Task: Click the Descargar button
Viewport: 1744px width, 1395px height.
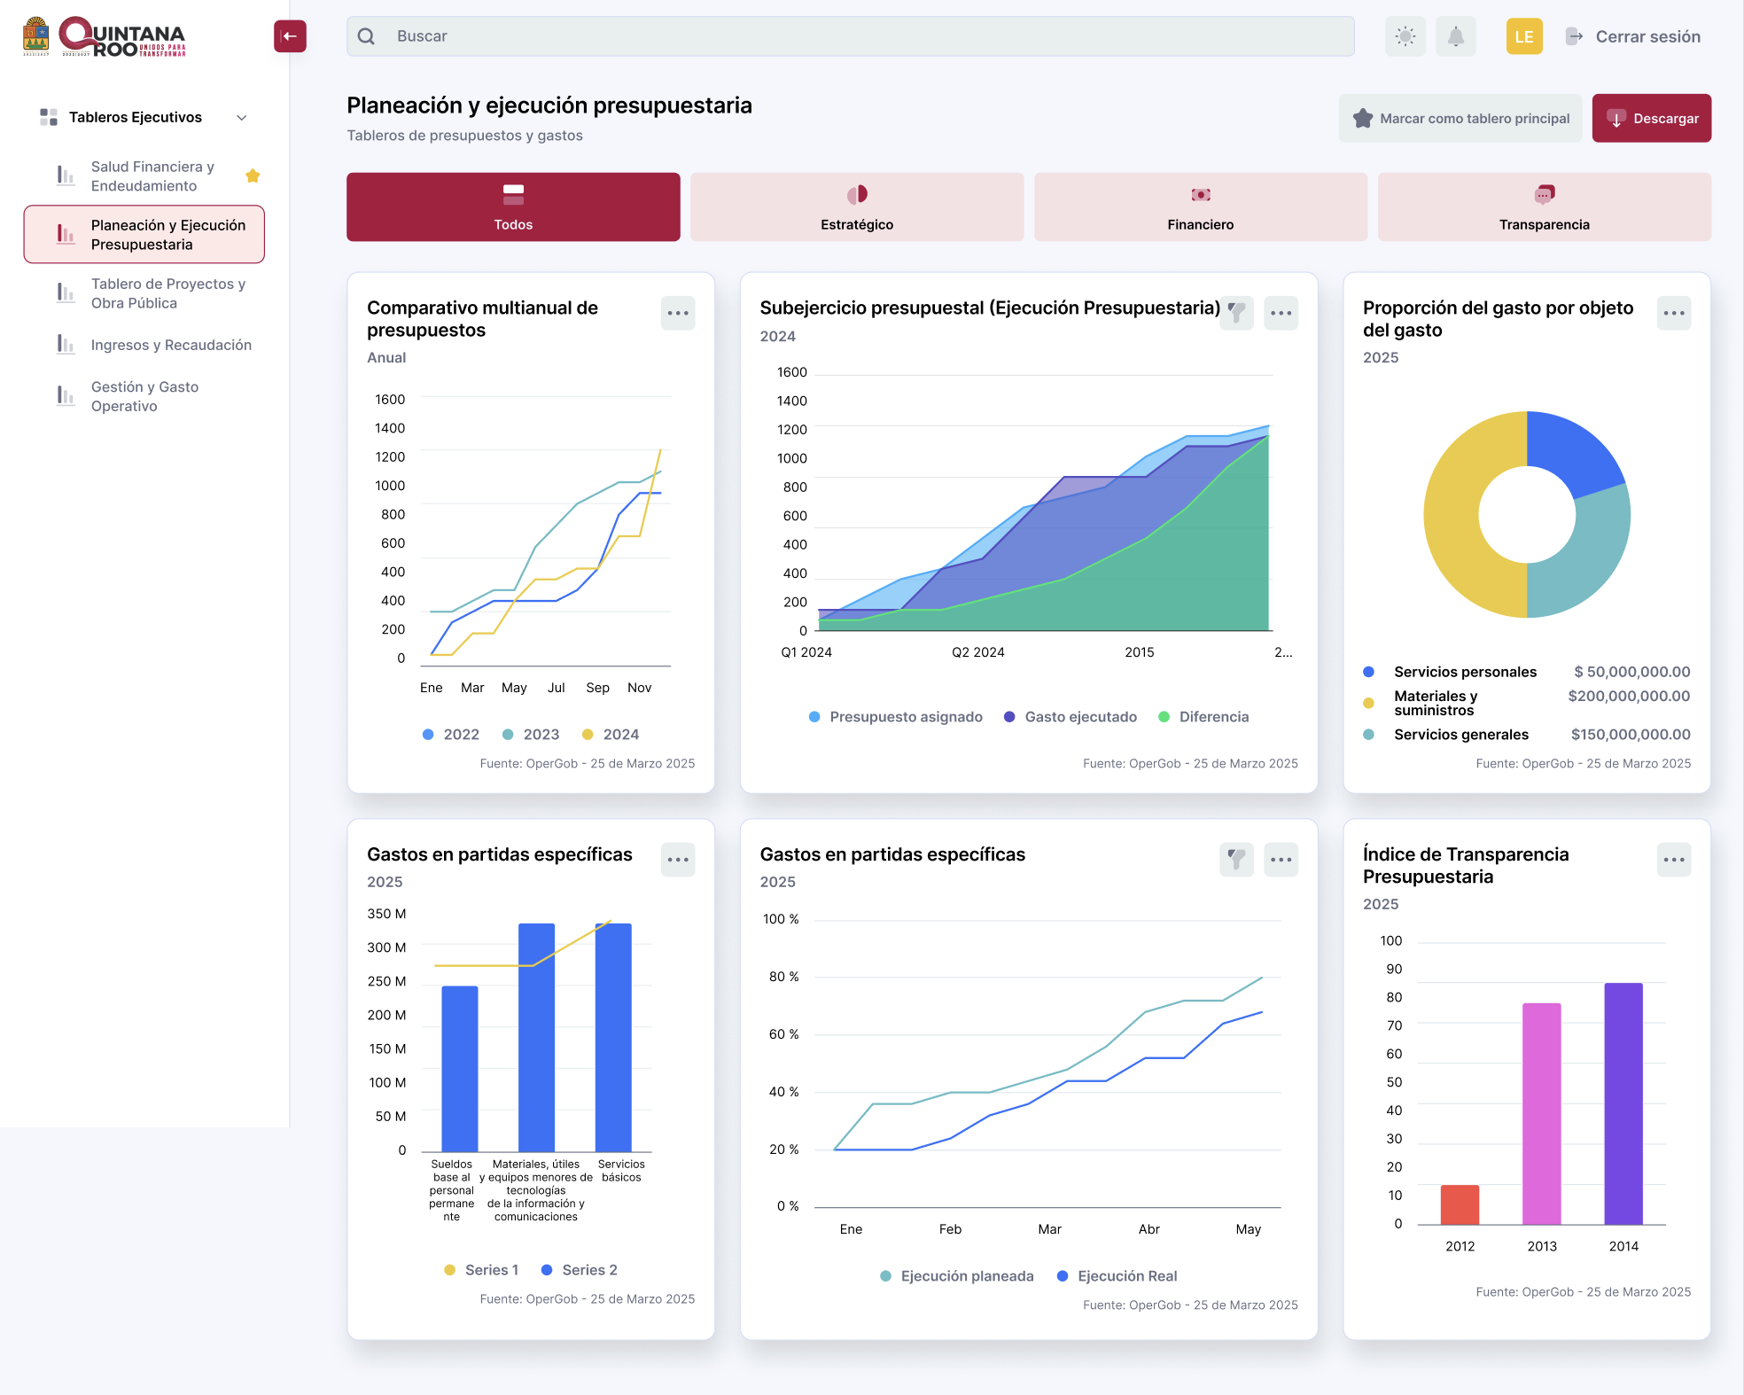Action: pyautogui.click(x=1651, y=118)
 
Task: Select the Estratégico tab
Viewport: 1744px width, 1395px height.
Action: pyautogui.click(x=857, y=207)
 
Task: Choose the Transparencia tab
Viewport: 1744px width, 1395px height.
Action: pyautogui.click(x=1544, y=207)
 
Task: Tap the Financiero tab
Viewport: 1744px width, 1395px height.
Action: pyautogui.click(x=1201, y=207)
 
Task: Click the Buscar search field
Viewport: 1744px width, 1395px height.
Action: pyautogui.click(x=851, y=36)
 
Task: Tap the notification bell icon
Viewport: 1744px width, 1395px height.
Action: pyautogui.click(x=1455, y=36)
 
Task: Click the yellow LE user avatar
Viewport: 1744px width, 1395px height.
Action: pyautogui.click(x=1524, y=36)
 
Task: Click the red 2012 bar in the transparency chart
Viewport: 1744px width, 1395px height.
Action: pyautogui.click(x=1460, y=1204)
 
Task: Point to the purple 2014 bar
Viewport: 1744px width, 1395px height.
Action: pyautogui.click(x=1623, y=1103)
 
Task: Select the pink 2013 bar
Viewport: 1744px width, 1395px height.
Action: pyautogui.click(x=1542, y=1114)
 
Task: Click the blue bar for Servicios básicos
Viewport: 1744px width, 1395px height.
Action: pyautogui.click(x=613, y=1037)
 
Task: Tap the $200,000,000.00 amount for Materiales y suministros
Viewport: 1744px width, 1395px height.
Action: pyautogui.click(x=1629, y=697)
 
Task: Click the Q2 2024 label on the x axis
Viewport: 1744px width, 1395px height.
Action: pyautogui.click(x=978, y=652)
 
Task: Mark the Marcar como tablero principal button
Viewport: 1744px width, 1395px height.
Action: pyautogui.click(x=1460, y=118)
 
